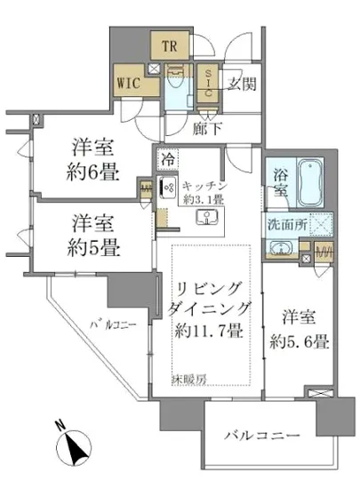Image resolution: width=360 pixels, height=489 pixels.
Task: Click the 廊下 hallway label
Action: [207, 127]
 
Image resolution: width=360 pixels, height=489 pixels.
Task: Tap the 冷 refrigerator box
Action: [168, 159]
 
